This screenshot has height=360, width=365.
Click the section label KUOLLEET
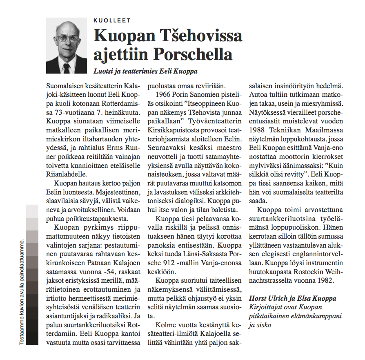112,20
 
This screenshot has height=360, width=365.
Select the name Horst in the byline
258,298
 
